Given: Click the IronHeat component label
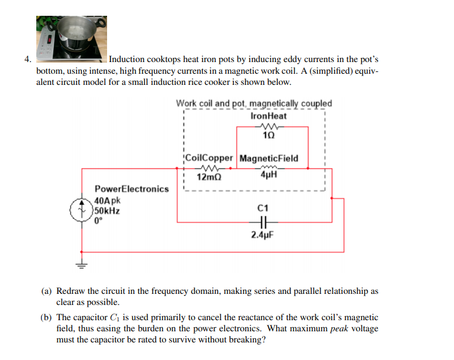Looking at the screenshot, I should click(x=269, y=116).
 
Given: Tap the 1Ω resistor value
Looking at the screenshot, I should click(x=269, y=135).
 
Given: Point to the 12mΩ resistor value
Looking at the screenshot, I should click(x=209, y=177).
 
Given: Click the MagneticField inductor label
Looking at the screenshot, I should click(x=269, y=158).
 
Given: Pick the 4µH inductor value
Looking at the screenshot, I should click(x=269, y=174).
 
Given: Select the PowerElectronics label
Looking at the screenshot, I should click(x=132, y=189).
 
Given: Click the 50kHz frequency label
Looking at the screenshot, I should click(x=107, y=211).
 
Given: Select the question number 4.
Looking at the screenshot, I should click(x=27, y=59).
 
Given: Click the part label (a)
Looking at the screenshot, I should click(x=46, y=291).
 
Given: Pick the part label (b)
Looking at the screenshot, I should click(x=46, y=317).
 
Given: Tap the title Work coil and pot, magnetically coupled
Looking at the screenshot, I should click(x=254, y=104).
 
